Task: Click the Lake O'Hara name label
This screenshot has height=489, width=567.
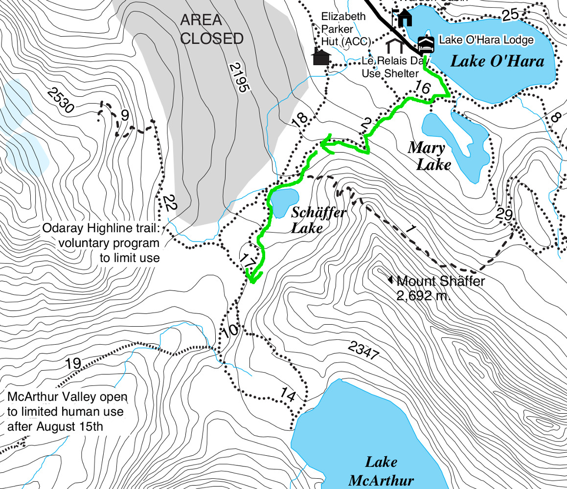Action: click(497, 61)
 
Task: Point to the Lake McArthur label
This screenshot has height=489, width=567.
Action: click(381, 471)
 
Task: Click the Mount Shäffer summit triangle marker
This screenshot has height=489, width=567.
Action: click(390, 280)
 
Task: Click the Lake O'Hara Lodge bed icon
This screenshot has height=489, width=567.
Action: click(426, 45)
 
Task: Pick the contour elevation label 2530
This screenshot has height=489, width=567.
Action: click(61, 100)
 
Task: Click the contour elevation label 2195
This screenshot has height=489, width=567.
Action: click(239, 78)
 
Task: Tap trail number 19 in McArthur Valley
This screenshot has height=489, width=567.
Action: click(72, 364)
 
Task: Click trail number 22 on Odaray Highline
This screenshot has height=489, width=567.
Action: click(169, 203)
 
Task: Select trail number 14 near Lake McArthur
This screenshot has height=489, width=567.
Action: click(288, 395)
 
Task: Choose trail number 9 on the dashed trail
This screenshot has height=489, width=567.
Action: click(125, 116)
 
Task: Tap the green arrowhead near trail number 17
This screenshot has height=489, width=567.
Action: click(251, 278)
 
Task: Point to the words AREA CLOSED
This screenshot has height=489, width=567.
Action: click(211, 29)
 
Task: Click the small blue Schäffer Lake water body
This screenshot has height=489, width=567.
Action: click(284, 202)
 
